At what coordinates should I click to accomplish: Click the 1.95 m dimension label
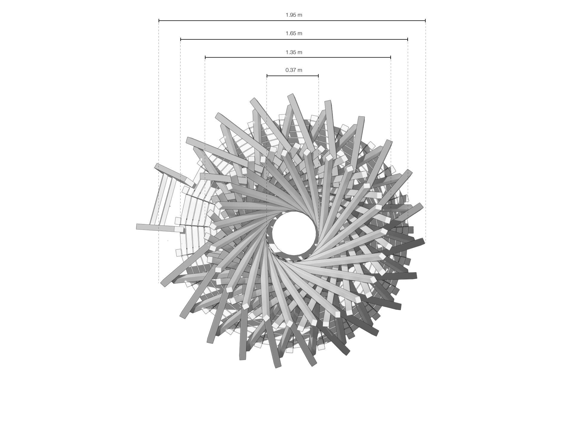[294, 15]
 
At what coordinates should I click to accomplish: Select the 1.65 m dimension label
[294, 33]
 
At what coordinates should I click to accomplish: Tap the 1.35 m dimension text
[294, 52]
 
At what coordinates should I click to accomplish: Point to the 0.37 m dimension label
[294, 70]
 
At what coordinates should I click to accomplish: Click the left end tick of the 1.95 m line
[159, 21]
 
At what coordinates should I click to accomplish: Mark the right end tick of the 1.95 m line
[425, 21]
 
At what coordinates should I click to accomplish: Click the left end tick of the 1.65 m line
[181, 39]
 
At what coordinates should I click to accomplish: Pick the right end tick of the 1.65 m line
[408, 39]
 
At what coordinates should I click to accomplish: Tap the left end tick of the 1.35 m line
[205, 57]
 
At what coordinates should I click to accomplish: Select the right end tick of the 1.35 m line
[391, 57]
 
